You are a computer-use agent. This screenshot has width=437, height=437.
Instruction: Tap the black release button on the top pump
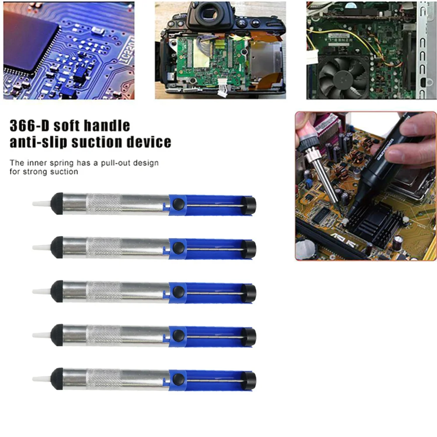click(178, 204)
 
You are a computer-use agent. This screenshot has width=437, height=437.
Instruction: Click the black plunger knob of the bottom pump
click(250, 379)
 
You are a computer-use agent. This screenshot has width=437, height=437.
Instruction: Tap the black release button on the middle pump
click(178, 291)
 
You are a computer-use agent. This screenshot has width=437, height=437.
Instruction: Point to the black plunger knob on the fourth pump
click(250, 336)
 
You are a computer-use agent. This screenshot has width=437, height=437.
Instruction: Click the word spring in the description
click(58, 163)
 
